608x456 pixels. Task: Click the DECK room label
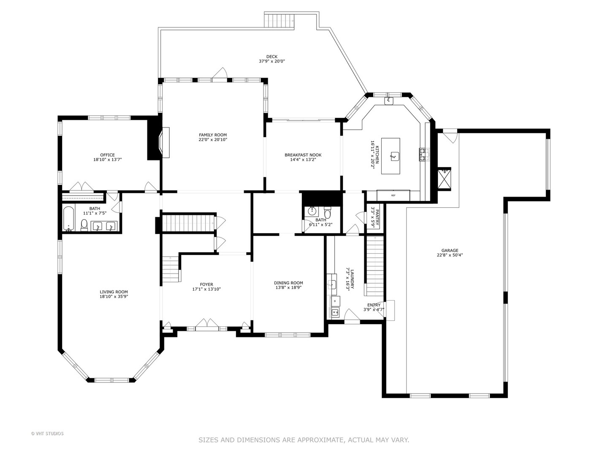pyautogui.click(x=272, y=57)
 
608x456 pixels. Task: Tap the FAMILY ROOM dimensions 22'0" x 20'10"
pyautogui.click(x=213, y=139)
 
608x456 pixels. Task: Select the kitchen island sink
pyautogui.click(x=394, y=156)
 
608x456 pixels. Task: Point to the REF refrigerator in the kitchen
pyautogui.click(x=393, y=195)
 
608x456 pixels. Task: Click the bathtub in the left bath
pyautogui.click(x=68, y=218)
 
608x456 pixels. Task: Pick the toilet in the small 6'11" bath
pyautogui.click(x=328, y=212)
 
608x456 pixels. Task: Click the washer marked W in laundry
pyautogui.click(x=335, y=312)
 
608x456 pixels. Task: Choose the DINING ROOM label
pyautogui.click(x=288, y=283)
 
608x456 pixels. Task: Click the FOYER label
pyautogui.click(x=206, y=284)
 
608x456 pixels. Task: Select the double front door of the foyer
pyautogui.click(x=207, y=325)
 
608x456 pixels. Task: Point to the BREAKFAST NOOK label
pyautogui.click(x=303, y=155)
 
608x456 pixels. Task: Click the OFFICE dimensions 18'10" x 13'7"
pyautogui.click(x=108, y=160)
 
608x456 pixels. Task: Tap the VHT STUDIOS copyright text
pyautogui.click(x=47, y=434)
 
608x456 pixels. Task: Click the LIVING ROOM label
pyautogui.click(x=114, y=291)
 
